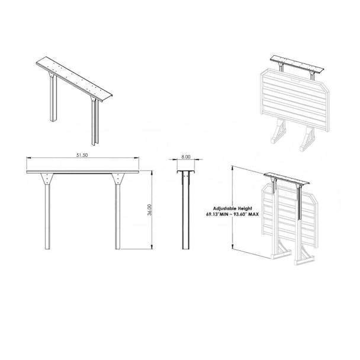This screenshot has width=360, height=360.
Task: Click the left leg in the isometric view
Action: coord(53,101)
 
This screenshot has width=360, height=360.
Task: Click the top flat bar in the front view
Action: coord(83,172)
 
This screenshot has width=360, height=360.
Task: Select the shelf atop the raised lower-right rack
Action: coord(290,178)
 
